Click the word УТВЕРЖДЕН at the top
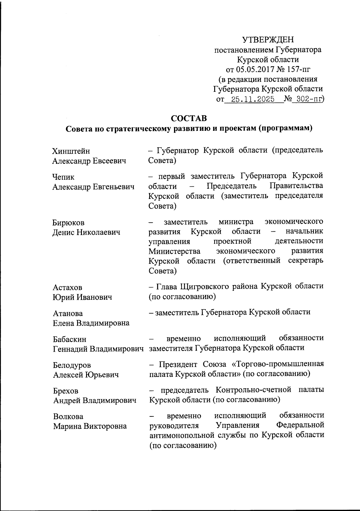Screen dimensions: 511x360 click(x=268, y=40)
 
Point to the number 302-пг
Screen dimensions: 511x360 click(x=307, y=99)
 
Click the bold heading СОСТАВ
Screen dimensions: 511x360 click(x=189, y=119)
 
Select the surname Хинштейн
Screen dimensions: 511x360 click(x=71, y=151)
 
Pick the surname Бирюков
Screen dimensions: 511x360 click(x=69, y=223)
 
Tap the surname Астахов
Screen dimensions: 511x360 click(x=67, y=287)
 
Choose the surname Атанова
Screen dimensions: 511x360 click(x=68, y=314)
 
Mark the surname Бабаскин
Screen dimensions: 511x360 click(x=70, y=339)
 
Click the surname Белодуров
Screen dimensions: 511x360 click(x=72, y=365)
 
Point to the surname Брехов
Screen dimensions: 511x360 click(x=66, y=391)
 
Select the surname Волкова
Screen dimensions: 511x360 click(x=68, y=417)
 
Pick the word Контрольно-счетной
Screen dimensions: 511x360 click(x=253, y=390)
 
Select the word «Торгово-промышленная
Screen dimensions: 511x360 click(x=278, y=364)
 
